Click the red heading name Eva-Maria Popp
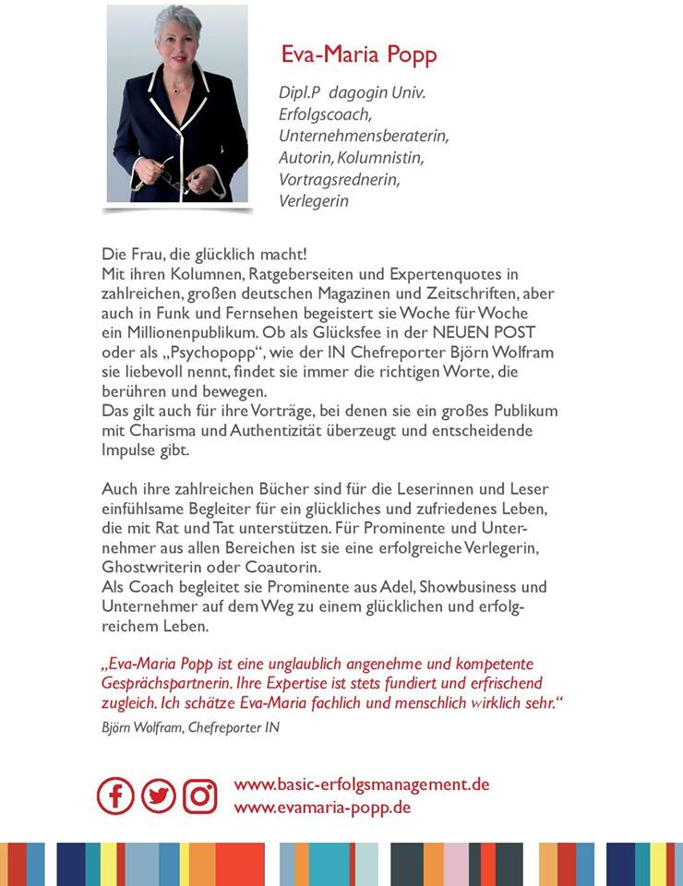358,55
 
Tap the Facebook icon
115,796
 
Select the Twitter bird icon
158,796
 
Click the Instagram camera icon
199,796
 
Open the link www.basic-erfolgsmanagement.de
362,784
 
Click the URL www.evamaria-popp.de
322,807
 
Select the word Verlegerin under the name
314,200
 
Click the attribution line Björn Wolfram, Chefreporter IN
190,727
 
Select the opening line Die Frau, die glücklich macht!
204,254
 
